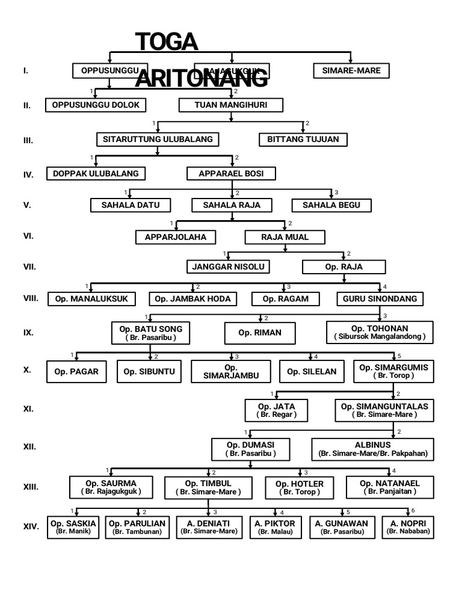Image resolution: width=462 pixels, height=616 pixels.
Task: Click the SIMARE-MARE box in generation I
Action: (x=351, y=71)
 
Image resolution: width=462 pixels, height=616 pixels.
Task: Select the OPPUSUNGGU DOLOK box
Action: (x=96, y=105)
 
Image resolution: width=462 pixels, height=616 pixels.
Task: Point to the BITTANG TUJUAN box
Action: (x=303, y=140)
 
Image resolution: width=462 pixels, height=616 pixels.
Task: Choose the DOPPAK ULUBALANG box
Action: (x=96, y=174)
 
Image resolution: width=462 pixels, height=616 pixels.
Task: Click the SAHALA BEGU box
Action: (x=331, y=205)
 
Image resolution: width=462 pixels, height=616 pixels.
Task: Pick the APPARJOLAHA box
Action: (x=176, y=237)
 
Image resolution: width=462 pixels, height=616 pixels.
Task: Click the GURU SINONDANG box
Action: (x=380, y=299)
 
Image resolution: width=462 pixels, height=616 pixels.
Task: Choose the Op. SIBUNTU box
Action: (x=149, y=372)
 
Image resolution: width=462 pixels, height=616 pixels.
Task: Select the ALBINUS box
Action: (x=373, y=449)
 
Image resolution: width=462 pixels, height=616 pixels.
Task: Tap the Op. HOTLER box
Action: (x=300, y=487)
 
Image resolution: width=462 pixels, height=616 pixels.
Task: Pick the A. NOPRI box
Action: (x=408, y=527)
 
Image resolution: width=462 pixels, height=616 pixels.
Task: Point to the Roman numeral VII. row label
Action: (x=28, y=266)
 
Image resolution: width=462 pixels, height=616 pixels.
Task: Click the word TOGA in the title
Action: (x=167, y=42)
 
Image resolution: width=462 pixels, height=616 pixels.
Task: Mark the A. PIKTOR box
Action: (x=275, y=527)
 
